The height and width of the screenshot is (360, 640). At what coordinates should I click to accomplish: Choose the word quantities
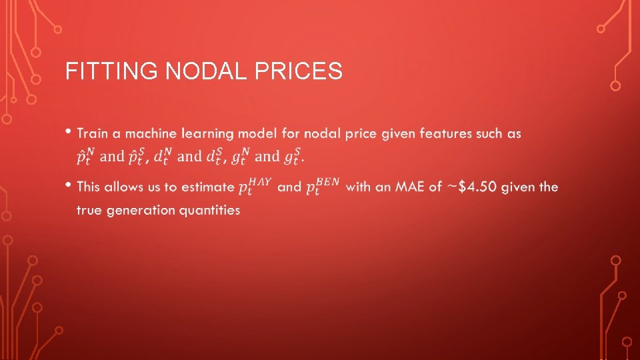pyautogui.click(x=210, y=210)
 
